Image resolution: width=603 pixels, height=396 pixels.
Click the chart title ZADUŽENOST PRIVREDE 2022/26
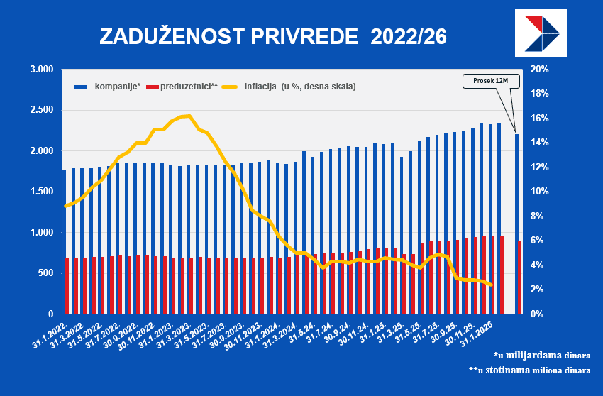(272, 37)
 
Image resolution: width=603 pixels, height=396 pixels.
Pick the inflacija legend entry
(299, 87)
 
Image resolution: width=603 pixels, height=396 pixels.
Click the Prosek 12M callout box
(491, 81)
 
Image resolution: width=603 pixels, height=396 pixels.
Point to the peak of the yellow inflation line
(187, 116)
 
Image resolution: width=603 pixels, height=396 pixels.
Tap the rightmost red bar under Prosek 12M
(520, 277)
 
